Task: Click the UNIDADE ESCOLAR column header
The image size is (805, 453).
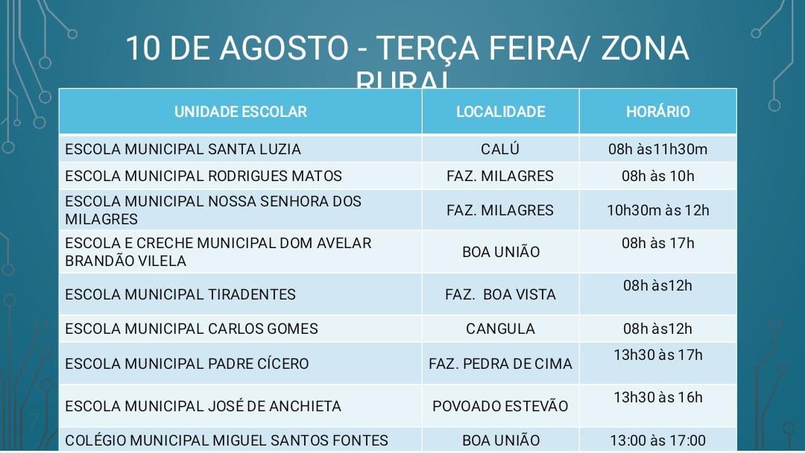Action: pos(240,112)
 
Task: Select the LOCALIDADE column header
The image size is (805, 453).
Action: pos(500,112)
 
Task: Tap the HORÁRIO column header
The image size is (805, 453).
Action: pos(657,112)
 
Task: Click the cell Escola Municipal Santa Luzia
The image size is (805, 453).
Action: pos(183,149)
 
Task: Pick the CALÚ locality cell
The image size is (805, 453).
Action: pos(500,149)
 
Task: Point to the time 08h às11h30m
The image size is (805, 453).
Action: pos(657,149)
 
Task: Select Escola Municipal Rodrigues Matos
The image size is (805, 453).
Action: pos(203,177)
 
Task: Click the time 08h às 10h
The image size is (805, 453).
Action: pos(657,177)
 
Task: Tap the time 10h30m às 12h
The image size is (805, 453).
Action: pos(657,210)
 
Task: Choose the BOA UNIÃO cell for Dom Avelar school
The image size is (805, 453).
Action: pos(500,252)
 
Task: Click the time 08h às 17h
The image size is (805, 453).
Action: pos(657,244)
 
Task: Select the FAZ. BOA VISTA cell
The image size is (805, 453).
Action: pos(500,294)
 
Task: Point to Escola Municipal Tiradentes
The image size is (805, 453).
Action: pos(180,294)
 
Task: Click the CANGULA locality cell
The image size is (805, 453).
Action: pos(500,329)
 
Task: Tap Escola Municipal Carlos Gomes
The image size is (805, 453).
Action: pos(192,329)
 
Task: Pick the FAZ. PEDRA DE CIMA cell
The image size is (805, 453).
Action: pos(500,364)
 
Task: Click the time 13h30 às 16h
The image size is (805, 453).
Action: pos(657,397)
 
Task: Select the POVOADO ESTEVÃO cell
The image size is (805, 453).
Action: pos(500,406)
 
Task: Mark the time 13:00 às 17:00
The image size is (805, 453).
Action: pos(657,440)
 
